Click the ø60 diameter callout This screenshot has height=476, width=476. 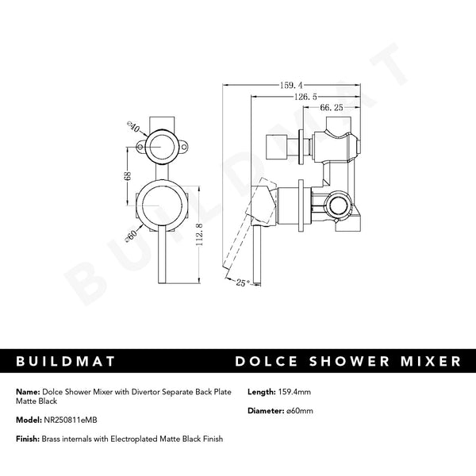[x=132, y=236]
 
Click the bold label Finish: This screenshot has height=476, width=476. [x=27, y=439]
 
